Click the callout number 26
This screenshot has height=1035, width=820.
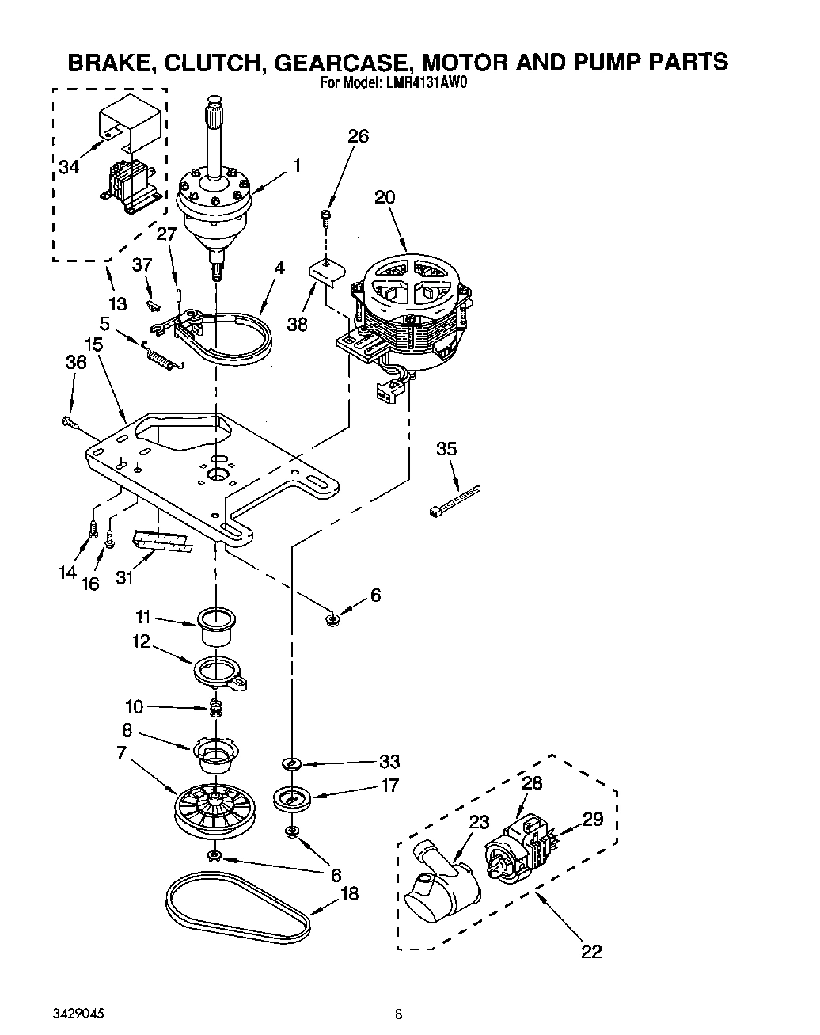(x=358, y=137)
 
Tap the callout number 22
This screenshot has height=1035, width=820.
(x=591, y=952)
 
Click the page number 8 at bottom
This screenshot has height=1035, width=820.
(x=400, y=1014)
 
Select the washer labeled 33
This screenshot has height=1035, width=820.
(x=292, y=763)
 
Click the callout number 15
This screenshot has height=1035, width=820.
(x=93, y=344)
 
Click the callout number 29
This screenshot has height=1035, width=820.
(x=593, y=819)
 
